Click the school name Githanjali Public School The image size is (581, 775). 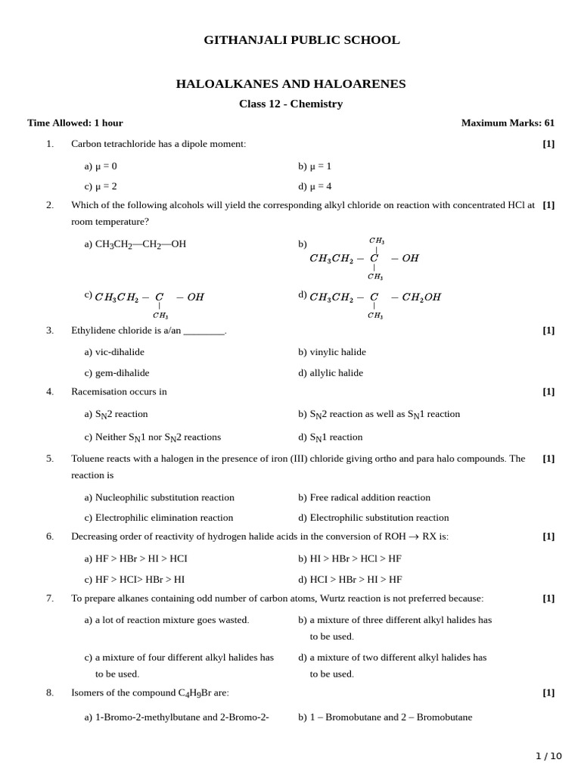point(301,40)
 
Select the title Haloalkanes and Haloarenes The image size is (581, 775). point(290,84)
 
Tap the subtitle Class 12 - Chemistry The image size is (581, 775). point(290,104)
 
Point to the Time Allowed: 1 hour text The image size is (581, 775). point(75,123)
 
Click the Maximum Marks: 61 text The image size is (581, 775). point(508,123)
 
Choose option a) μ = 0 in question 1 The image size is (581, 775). point(101,166)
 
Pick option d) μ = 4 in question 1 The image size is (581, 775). point(315,185)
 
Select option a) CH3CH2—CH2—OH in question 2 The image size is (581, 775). point(135,244)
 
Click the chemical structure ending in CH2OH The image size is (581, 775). point(374,298)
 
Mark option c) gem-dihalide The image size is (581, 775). point(117,372)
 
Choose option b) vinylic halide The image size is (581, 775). point(331,352)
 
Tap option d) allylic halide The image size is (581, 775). point(331,372)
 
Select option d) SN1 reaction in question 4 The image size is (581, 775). point(331,437)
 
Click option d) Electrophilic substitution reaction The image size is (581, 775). point(373,518)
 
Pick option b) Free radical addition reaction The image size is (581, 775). point(364,497)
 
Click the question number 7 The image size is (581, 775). point(50,598)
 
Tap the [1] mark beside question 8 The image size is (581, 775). point(548,692)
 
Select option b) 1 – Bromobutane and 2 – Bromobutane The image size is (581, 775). point(384,717)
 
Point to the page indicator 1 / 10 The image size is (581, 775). point(548,755)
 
